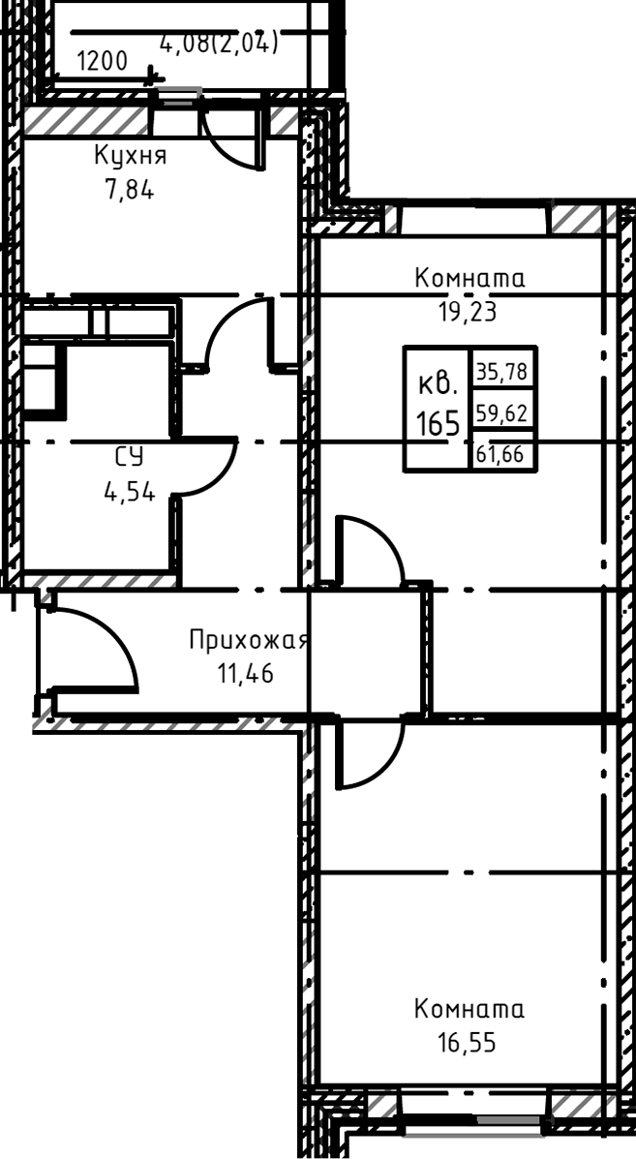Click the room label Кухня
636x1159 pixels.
pos(131,156)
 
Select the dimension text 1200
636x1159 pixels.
pos(102,62)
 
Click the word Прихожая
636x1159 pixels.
pos(249,640)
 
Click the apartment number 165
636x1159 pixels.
pos(438,423)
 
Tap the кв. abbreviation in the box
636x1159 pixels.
pos(438,384)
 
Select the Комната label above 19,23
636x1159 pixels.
pos(469,279)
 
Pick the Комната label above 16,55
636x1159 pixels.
pos(469,1010)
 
